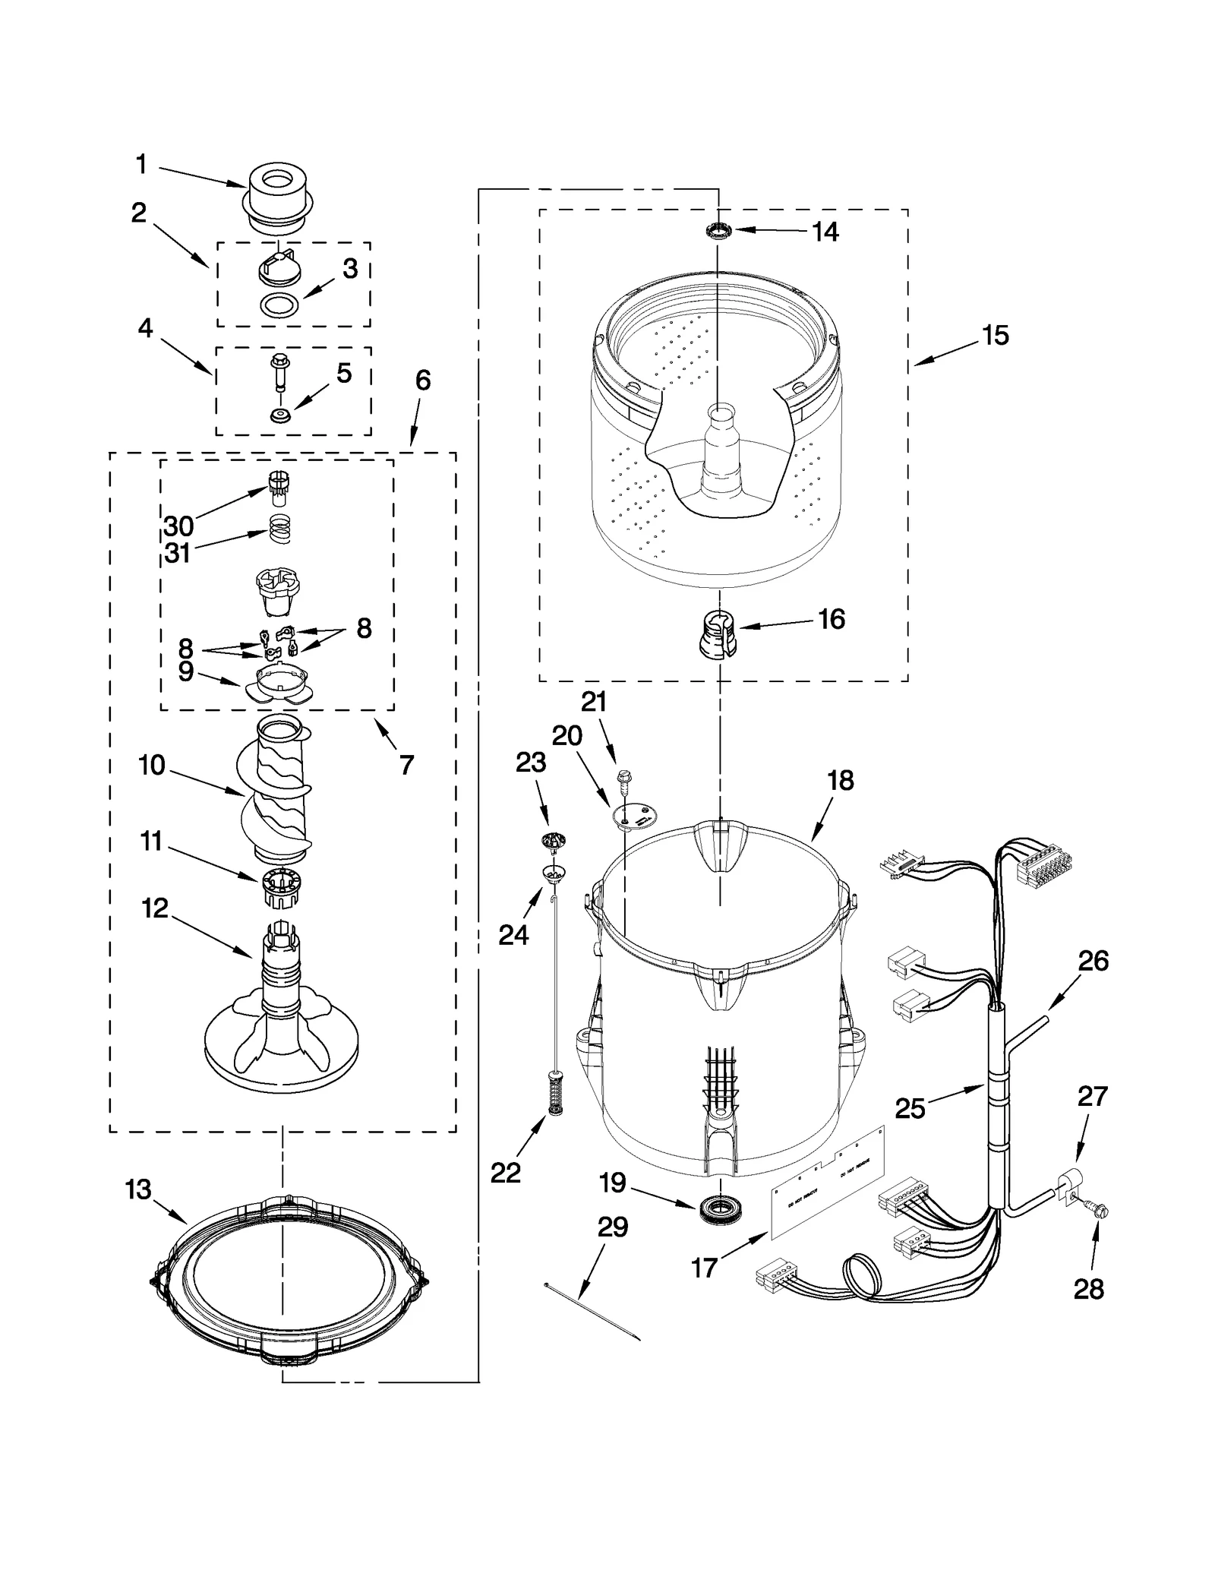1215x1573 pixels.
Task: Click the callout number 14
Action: [825, 232]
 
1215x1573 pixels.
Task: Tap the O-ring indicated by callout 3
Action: [279, 305]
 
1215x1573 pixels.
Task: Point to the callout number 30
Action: [179, 526]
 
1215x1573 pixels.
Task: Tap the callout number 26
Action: [1093, 961]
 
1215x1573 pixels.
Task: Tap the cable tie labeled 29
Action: [592, 1310]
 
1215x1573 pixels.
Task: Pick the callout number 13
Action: [138, 1189]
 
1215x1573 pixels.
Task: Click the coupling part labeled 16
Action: [718, 633]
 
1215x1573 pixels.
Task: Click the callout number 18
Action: [841, 780]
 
